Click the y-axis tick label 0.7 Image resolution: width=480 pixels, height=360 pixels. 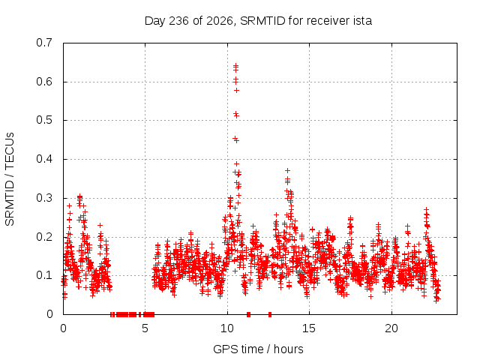(x=44, y=43)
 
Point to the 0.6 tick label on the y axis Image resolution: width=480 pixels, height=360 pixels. (x=44, y=82)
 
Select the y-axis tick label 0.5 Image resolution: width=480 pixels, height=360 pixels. (x=44, y=120)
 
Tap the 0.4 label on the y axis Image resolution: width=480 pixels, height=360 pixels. (x=44, y=159)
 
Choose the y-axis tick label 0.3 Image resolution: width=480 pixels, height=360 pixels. (x=44, y=198)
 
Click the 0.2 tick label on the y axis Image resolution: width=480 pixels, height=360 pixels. (x=44, y=237)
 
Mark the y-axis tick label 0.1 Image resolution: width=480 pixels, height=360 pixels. (x=44, y=275)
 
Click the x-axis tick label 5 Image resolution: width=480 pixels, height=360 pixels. (x=145, y=328)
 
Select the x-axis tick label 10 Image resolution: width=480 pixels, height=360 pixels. (x=227, y=328)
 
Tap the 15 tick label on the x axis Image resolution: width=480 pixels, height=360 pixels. (x=309, y=328)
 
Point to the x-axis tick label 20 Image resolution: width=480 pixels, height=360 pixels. (x=391, y=328)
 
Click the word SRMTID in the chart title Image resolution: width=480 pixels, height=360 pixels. (x=262, y=21)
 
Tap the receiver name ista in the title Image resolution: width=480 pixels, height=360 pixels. (x=362, y=21)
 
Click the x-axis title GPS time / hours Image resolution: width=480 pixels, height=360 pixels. (x=258, y=349)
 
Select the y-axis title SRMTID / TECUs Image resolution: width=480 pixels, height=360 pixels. (x=10, y=179)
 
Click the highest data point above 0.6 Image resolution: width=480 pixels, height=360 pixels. (x=235, y=65)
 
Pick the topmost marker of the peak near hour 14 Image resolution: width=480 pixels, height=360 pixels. (x=287, y=170)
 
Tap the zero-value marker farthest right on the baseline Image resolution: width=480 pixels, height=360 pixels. (x=270, y=314)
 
